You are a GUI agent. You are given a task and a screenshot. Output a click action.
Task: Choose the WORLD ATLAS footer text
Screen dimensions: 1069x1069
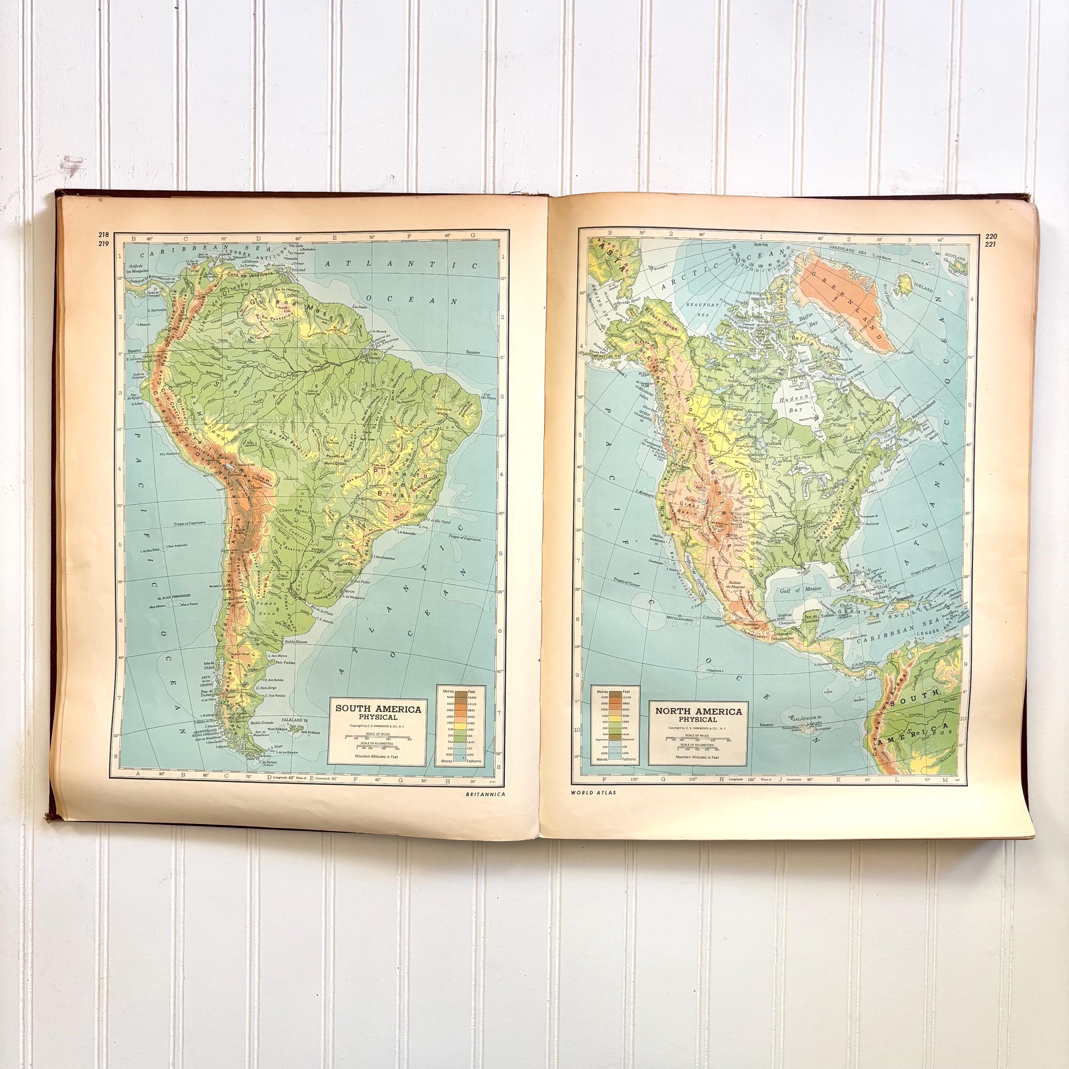594,792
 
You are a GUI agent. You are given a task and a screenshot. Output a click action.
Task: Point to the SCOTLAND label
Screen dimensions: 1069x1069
955,258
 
